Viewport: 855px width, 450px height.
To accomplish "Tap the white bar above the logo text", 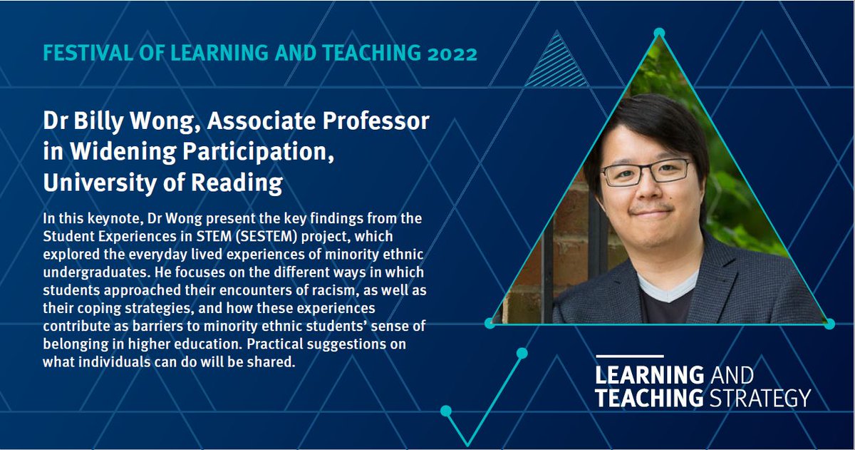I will click(629, 356).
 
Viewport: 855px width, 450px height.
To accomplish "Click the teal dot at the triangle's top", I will click(659, 32).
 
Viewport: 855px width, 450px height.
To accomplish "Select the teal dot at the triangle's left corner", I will click(489, 323).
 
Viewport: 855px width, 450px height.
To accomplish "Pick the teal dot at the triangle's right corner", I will click(829, 324).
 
